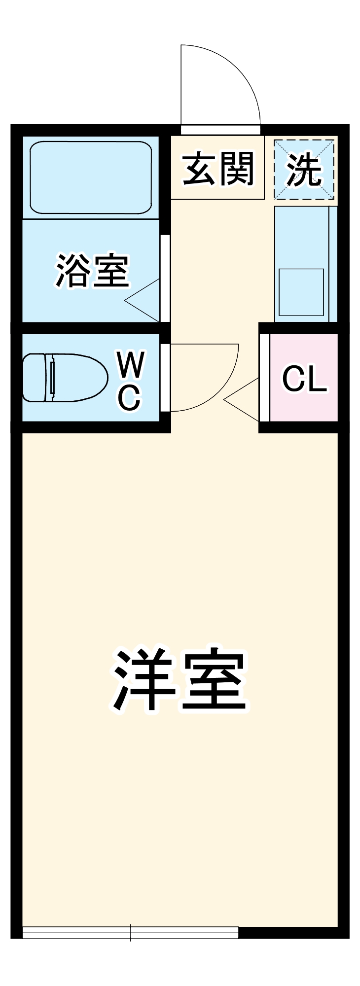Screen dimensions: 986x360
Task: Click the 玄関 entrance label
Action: click(x=218, y=169)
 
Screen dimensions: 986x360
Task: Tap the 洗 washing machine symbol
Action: click(x=304, y=170)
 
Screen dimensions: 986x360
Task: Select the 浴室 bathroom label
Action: click(x=92, y=271)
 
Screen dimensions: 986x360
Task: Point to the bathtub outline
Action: click(x=91, y=177)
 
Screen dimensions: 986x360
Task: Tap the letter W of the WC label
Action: click(x=131, y=364)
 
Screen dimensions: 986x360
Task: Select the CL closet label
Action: click(x=304, y=379)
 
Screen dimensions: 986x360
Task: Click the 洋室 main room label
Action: click(x=180, y=680)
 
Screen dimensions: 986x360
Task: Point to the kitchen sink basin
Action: click(x=301, y=292)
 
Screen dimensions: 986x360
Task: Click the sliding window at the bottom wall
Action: click(x=131, y=932)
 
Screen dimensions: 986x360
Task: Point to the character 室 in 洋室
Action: click(x=213, y=680)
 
